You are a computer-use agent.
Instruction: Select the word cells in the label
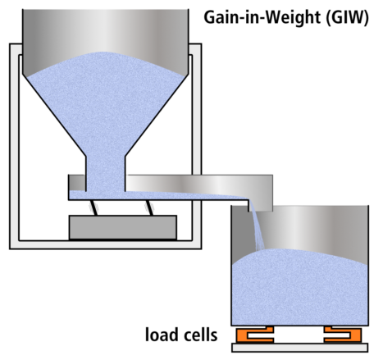click(x=201, y=334)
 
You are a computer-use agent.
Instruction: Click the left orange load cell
click(x=256, y=335)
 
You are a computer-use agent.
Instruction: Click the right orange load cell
click(x=342, y=335)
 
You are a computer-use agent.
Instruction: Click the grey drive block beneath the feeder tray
click(x=123, y=227)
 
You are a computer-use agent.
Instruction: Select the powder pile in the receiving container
click(x=299, y=287)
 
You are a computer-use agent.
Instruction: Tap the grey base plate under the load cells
click(x=299, y=348)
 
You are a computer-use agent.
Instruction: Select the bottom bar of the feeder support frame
click(x=105, y=244)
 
